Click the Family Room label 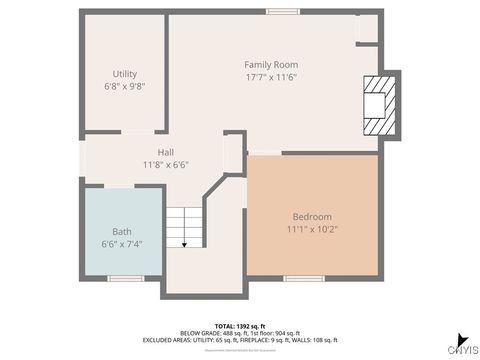click(x=271, y=63)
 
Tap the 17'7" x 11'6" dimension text click(x=271, y=76)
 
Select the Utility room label click(x=124, y=74)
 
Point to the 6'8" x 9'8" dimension click(x=124, y=87)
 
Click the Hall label click(x=165, y=152)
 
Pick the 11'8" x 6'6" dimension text click(x=165, y=165)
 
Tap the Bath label click(x=121, y=231)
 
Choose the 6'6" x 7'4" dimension click(x=121, y=244)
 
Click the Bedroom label click(x=312, y=217)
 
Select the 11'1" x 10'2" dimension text click(x=312, y=230)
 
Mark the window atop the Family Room click(x=282, y=12)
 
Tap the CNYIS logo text click(x=461, y=350)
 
